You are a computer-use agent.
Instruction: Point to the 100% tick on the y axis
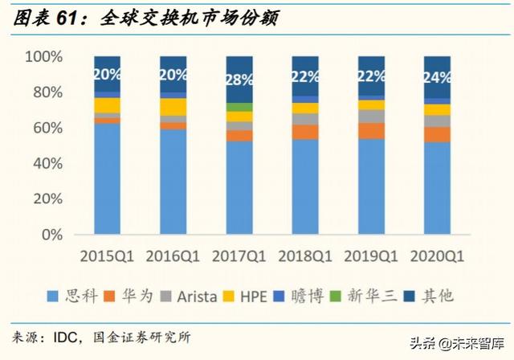tap(43, 57)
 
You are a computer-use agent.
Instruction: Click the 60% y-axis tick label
tap(47, 129)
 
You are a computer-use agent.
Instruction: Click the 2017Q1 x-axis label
tap(239, 256)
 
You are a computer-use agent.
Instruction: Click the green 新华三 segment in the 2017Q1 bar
tap(239, 107)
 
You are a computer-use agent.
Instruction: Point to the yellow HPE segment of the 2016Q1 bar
tap(173, 106)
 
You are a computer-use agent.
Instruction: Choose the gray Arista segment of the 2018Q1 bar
tap(305, 119)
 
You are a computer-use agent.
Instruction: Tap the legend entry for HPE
tap(248, 296)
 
